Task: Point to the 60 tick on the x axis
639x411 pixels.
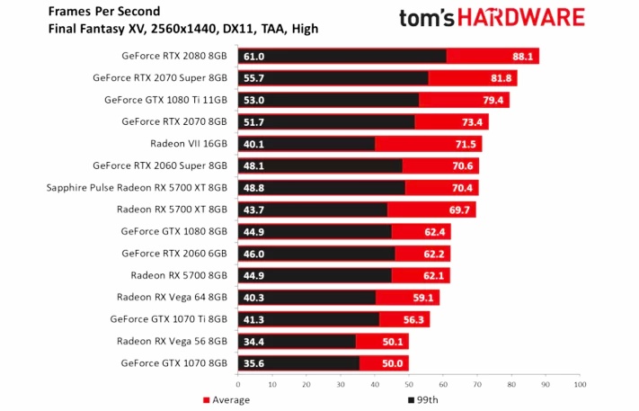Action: coord(442,384)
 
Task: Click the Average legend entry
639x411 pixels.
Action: coord(226,399)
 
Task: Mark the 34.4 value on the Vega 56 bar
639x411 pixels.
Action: coord(252,341)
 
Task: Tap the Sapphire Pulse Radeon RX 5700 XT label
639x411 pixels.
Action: coord(137,187)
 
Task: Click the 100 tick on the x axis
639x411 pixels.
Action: coord(579,384)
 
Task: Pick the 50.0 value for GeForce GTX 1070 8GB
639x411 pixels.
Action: coord(394,363)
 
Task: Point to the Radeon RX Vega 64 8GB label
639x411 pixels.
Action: coord(172,297)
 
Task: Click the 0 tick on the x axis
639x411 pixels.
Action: coord(237,384)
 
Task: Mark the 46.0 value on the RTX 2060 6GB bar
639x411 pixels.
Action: coord(253,254)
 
